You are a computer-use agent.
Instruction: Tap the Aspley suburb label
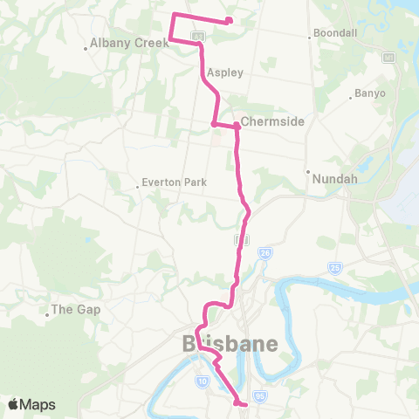click(x=225, y=73)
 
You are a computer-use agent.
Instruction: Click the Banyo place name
click(x=369, y=93)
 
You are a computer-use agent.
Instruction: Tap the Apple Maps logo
click(x=33, y=404)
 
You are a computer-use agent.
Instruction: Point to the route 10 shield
click(x=202, y=381)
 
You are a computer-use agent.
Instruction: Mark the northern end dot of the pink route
click(x=229, y=21)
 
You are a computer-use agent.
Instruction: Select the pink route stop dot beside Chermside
click(x=237, y=126)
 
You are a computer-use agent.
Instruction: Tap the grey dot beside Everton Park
click(x=139, y=184)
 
